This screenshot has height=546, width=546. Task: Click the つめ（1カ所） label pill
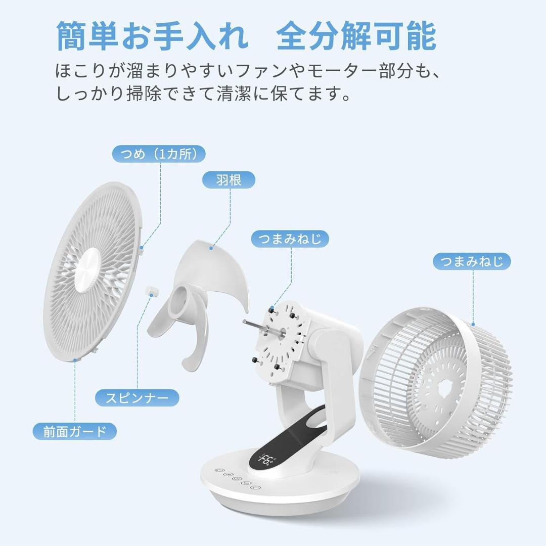click(159, 154)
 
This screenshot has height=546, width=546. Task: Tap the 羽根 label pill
click(229, 179)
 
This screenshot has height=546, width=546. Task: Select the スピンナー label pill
click(137, 397)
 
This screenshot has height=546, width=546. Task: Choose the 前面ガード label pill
click(75, 431)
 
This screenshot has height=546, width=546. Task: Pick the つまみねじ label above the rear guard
click(472, 261)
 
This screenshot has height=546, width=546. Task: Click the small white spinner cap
click(151, 290)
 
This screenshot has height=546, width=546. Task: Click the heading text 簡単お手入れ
click(152, 37)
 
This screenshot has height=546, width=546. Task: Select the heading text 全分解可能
click(356, 37)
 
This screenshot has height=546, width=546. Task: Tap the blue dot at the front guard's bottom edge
click(75, 360)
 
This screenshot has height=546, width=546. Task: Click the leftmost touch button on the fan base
click(219, 471)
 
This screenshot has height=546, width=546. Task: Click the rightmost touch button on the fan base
click(257, 487)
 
